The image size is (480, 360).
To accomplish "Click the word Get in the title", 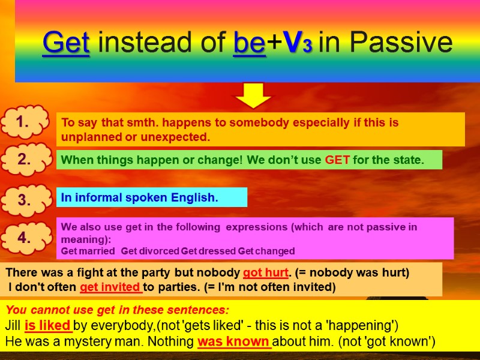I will click(x=66, y=43).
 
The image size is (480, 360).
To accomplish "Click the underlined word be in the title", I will click(x=249, y=43).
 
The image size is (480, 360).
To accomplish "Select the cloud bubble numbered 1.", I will click(x=24, y=123).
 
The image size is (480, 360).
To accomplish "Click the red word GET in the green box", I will click(x=337, y=160).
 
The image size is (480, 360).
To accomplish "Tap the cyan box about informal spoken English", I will click(x=151, y=197).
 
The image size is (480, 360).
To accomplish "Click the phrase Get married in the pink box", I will click(x=88, y=251).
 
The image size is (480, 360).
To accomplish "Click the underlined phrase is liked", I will click(x=48, y=326).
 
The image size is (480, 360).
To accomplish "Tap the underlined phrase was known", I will click(x=235, y=342).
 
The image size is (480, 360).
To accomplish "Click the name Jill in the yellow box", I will click(x=13, y=326).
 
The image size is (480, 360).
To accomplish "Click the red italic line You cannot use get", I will click(x=118, y=311).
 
